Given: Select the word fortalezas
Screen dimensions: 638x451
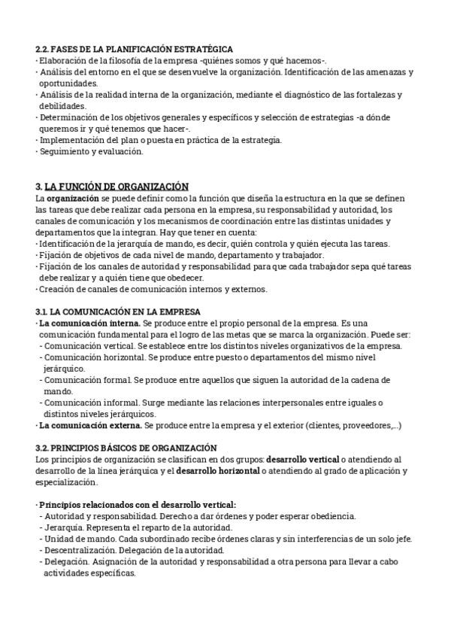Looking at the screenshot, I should click(x=379, y=95).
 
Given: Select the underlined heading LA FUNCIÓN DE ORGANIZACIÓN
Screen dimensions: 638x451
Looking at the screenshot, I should click(x=117, y=187).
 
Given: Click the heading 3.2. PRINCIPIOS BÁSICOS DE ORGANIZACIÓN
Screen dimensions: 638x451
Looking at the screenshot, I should click(x=126, y=448).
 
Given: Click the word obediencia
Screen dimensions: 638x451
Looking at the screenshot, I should click(x=328, y=516).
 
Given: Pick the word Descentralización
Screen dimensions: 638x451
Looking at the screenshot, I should click(x=81, y=550).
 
